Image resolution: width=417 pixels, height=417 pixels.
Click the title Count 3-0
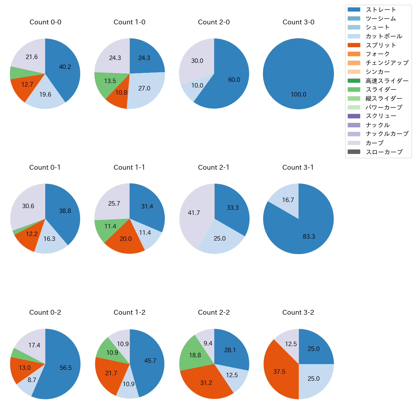(x=298, y=22)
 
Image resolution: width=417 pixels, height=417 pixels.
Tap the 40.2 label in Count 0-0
(x=65, y=67)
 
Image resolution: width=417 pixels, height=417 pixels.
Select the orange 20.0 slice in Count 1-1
(x=126, y=239)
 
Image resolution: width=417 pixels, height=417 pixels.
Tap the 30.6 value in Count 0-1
(x=28, y=206)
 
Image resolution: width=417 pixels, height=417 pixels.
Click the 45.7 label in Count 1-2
(x=150, y=361)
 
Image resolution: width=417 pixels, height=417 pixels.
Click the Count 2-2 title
(x=214, y=312)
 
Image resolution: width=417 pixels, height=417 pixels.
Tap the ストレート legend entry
(x=381, y=10)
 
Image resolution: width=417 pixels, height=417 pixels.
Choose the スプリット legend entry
(x=381, y=45)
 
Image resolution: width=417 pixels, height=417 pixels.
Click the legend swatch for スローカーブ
(x=354, y=152)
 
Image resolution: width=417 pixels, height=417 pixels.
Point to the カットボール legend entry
(x=384, y=36)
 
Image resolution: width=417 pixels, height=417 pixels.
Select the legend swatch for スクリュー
(x=354, y=116)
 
